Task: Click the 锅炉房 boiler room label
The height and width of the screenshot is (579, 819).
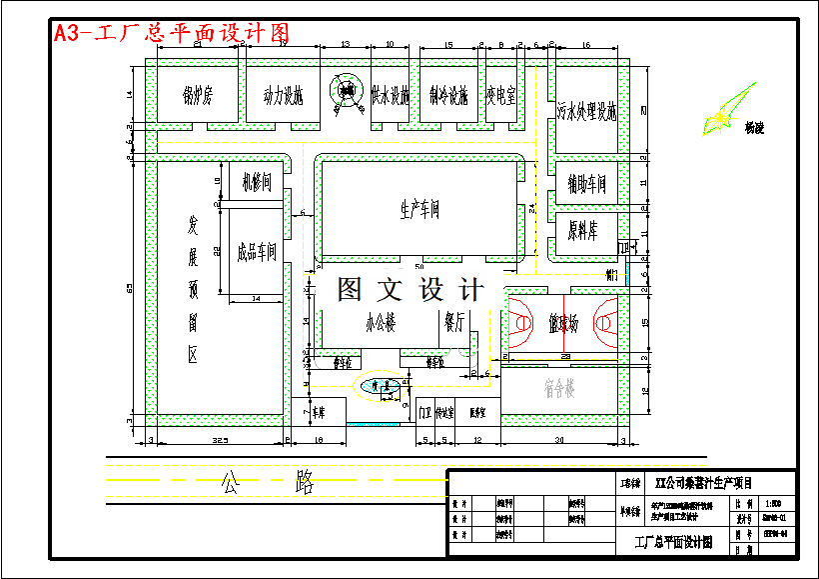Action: (196, 96)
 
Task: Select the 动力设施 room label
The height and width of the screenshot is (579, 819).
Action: (283, 96)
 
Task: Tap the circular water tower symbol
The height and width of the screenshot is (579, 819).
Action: (347, 92)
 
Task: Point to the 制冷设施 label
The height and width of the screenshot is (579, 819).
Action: (447, 96)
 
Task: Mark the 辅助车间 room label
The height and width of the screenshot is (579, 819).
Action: (587, 184)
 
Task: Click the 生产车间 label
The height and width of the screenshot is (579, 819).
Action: (419, 209)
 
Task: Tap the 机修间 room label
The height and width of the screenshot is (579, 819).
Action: (257, 182)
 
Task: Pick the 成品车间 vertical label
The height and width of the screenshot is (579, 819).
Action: (257, 251)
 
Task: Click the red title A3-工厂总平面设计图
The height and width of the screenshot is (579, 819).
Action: (171, 34)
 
